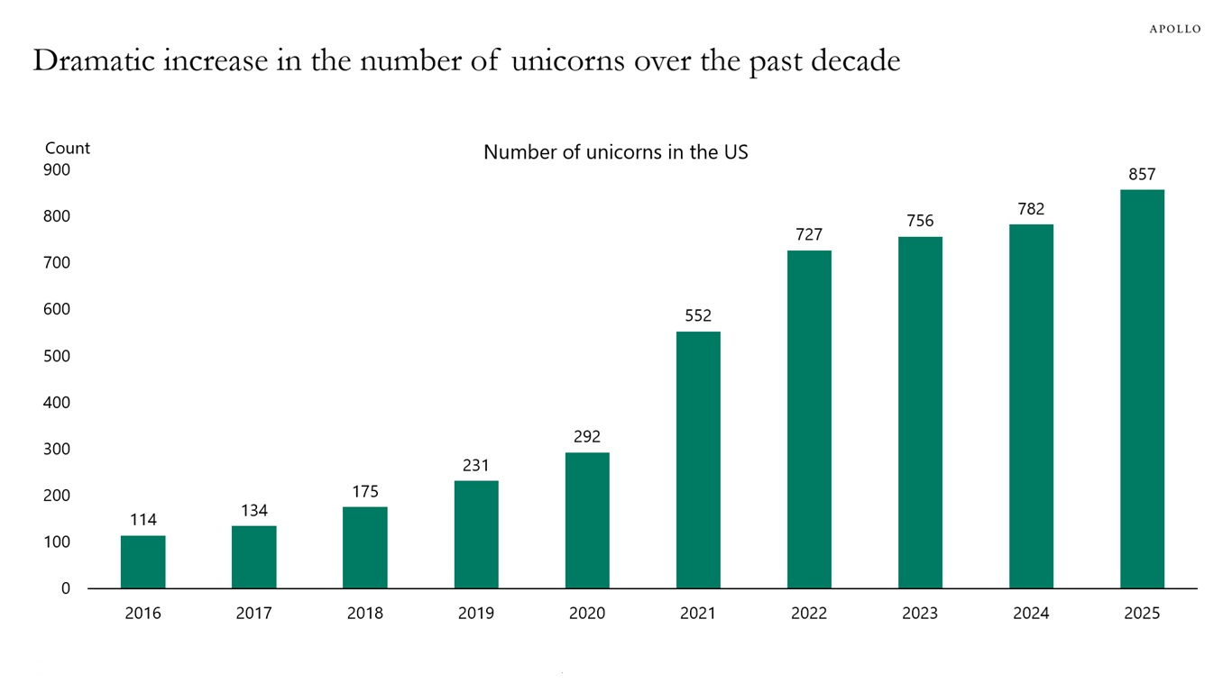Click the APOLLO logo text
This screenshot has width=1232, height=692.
(1174, 29)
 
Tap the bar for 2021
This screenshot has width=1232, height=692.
(698, 460)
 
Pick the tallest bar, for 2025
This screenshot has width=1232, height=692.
(1142, 388)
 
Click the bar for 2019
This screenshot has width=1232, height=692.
(476, 534)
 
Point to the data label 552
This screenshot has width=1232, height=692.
(698, 315)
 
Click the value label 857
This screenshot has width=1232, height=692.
(1142, 174)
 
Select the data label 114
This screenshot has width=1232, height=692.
(143, 519)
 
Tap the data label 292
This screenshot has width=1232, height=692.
(587, 437)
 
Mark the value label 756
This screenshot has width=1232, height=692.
(920, 221)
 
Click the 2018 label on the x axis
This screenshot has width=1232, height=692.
(365, 614)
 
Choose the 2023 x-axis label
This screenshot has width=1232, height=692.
(920, 614)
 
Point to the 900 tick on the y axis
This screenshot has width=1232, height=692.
(56, 170)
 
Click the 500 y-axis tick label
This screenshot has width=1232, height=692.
(56, 356)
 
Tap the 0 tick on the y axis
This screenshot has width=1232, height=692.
(65, 588)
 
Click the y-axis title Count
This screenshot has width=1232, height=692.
(68, 148)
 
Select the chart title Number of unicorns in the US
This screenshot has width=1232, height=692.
(616, 151)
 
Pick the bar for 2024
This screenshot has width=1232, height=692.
(1031, 405)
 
